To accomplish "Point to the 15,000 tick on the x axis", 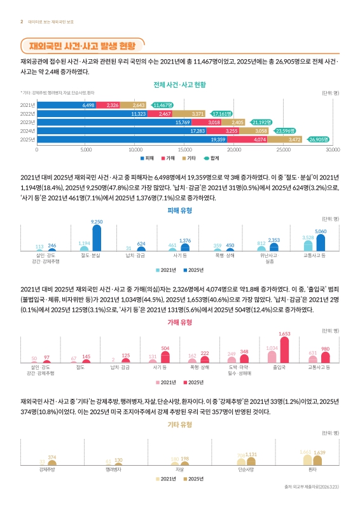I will (184, 151).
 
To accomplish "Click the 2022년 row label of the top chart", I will (27, 113).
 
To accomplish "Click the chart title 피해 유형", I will (179, 210).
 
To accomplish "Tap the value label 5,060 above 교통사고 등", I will (321, 232).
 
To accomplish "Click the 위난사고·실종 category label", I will (267, 258).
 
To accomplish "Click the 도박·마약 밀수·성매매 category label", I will (239, 371).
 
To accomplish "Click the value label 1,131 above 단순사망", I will (251, 454).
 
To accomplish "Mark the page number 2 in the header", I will (22, 21).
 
